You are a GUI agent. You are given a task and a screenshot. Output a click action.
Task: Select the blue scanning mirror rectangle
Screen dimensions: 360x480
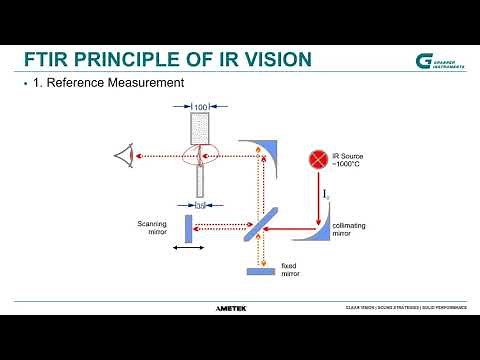pyautogui.click(x=187, y=228)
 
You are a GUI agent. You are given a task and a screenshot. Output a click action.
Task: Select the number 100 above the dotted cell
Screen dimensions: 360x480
pyautogui.click(x=200, y=106)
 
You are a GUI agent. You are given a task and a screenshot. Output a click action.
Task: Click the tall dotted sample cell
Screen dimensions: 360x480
pyautogui.click(x=200, y=135)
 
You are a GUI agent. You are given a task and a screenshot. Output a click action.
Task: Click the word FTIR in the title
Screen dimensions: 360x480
pyautogui.click(x=47, y=59)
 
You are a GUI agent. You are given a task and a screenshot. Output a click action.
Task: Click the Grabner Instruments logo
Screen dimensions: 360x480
pyautogui.click(x=439, y=61)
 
